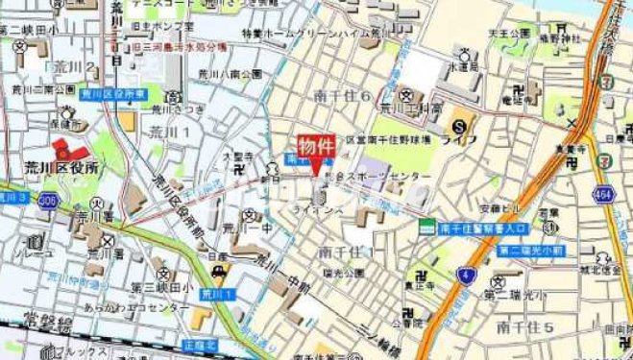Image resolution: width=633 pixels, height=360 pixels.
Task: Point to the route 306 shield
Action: pyautogui.click(x=48, y=200)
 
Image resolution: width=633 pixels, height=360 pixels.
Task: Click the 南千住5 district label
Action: pyautogui.click(x=525, y=327)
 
